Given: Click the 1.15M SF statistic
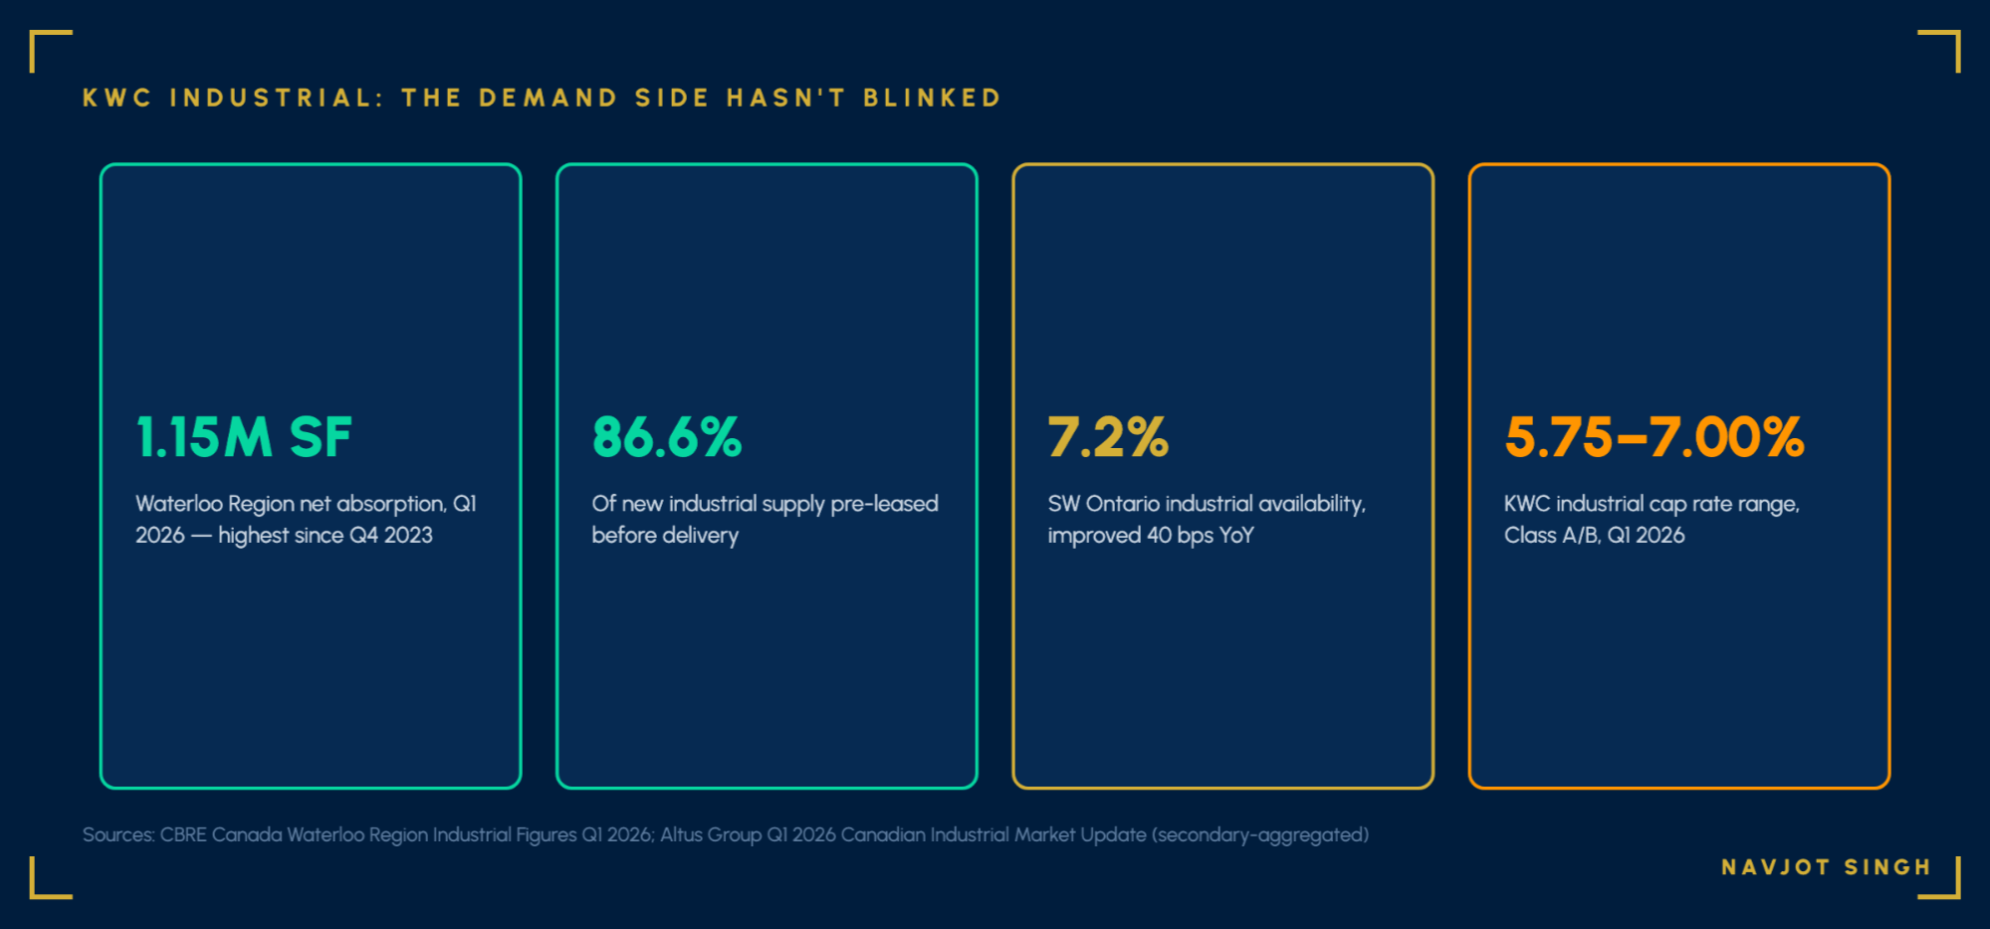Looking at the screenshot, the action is pos(244,437).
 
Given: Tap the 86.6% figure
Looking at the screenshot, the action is pos(667,437).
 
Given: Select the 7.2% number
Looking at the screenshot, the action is pos(1108,437).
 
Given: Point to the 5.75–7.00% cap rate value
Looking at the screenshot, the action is pos(1654,437).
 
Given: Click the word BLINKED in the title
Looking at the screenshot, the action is pos(932,98).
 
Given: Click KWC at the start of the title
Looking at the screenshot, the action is pos(116,98).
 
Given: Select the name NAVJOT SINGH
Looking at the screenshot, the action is pos(1826,867).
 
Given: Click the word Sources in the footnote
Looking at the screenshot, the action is pos(118,834).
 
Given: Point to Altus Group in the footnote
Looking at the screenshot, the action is pos(711,834).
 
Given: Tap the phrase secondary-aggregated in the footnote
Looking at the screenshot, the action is pos(1260,834).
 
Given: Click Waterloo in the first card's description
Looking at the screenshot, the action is pos(179,504).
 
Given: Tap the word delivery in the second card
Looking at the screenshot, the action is pos(701,536).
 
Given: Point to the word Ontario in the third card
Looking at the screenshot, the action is pos(1123,504).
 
